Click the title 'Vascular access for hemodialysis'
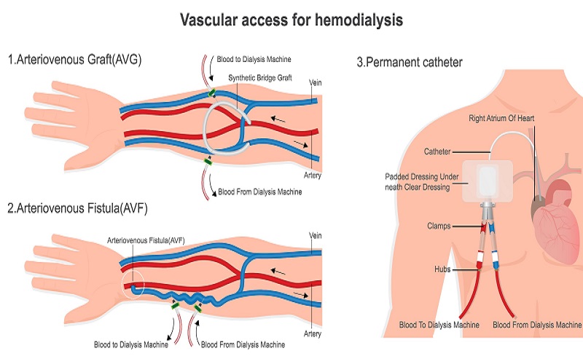[291, 20]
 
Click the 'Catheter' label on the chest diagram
[437, 151]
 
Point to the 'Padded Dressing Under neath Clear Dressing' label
[426, 181]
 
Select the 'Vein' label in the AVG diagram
[315, 82]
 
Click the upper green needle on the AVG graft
[211, 93]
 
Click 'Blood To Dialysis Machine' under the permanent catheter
[440, 325]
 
